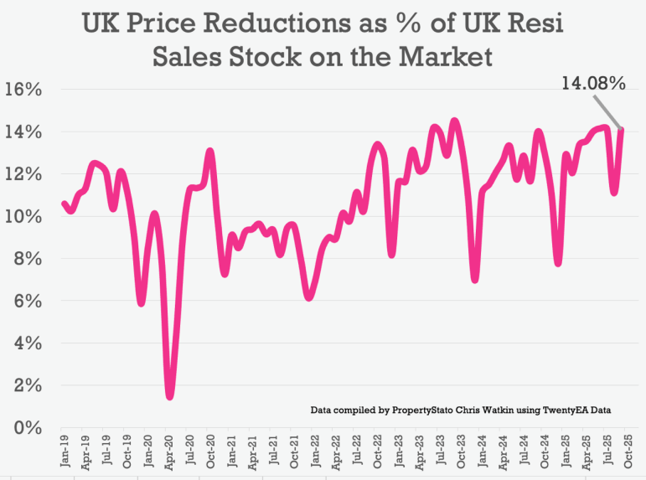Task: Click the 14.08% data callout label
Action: coord(593,83)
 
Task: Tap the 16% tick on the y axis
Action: coord(24,90)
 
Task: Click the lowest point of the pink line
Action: coord(170,396)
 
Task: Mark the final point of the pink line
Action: coord(622,129)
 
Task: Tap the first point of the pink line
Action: coord(64,203)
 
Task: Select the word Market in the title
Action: coord(444,57)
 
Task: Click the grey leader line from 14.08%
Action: coord(607,111)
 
